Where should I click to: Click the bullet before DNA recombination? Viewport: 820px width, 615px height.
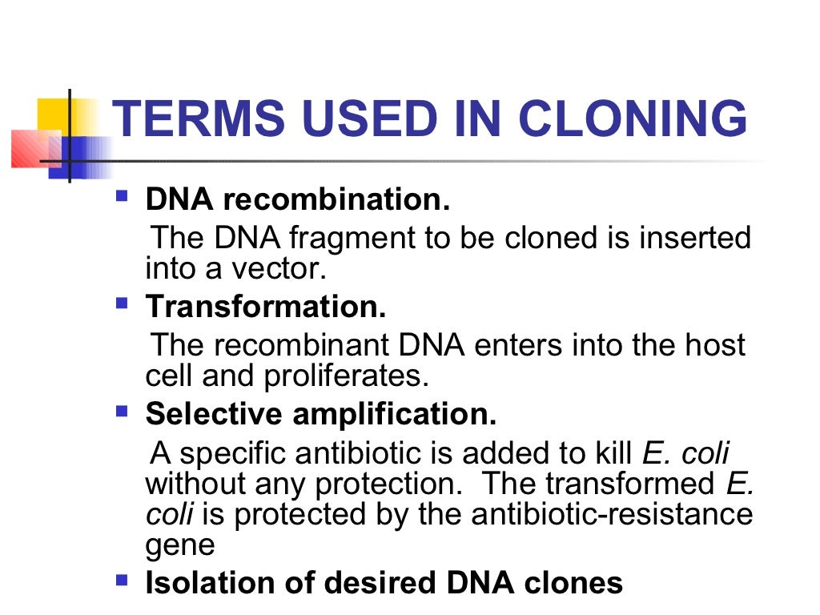click(x=122, y=196)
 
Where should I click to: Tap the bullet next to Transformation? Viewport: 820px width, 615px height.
click(x=122, y=303)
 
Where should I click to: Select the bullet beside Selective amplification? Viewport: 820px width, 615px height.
click(x=122, y=412)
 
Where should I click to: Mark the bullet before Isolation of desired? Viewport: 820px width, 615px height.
click(x=122, y=579)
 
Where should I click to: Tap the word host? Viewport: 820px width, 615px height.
click(x=714, y=345)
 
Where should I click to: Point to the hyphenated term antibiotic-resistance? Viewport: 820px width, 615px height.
click(x=609, y=514)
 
